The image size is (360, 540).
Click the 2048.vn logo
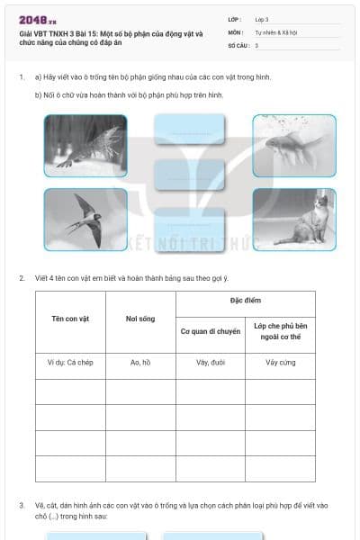point(38,20)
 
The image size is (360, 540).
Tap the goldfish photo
point(294,145)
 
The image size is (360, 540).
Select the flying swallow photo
point(85,220)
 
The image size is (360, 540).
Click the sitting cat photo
point(294,220)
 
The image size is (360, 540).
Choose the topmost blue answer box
point(189,132)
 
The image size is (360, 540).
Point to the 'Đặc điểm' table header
point(245,301)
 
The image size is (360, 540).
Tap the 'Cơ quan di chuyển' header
point(210,331)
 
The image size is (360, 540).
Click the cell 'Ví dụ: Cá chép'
point(70,363)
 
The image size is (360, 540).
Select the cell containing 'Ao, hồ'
point(140,363)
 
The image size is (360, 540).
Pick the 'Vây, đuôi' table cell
point(210,363)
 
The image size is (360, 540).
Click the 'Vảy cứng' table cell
point(280,363)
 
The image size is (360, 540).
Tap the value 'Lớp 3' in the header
point(262,19)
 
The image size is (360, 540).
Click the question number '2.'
point(22,278)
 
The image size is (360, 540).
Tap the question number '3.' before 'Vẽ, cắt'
point(22,505)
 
